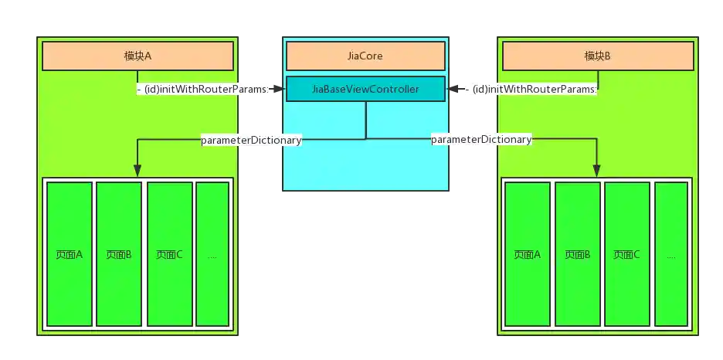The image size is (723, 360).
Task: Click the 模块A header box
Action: tap(137, 56)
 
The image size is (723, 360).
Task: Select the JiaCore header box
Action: tap(365, 56)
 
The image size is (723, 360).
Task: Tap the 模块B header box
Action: tap(598, 56)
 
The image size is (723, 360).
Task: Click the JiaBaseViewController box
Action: tap(365, 89)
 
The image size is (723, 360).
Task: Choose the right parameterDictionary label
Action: tap(481, 139)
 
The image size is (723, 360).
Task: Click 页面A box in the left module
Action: tap(70, 254)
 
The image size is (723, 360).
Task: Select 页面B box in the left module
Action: tap(119, 254)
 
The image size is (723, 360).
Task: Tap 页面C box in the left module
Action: tap(169, 254)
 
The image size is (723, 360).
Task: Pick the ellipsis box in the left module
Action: tap(212, 254)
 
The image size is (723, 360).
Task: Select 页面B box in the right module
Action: tap(577, 254)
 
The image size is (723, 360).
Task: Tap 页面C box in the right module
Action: tap(626, 254)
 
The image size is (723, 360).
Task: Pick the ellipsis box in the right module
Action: tap(670, 254)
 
